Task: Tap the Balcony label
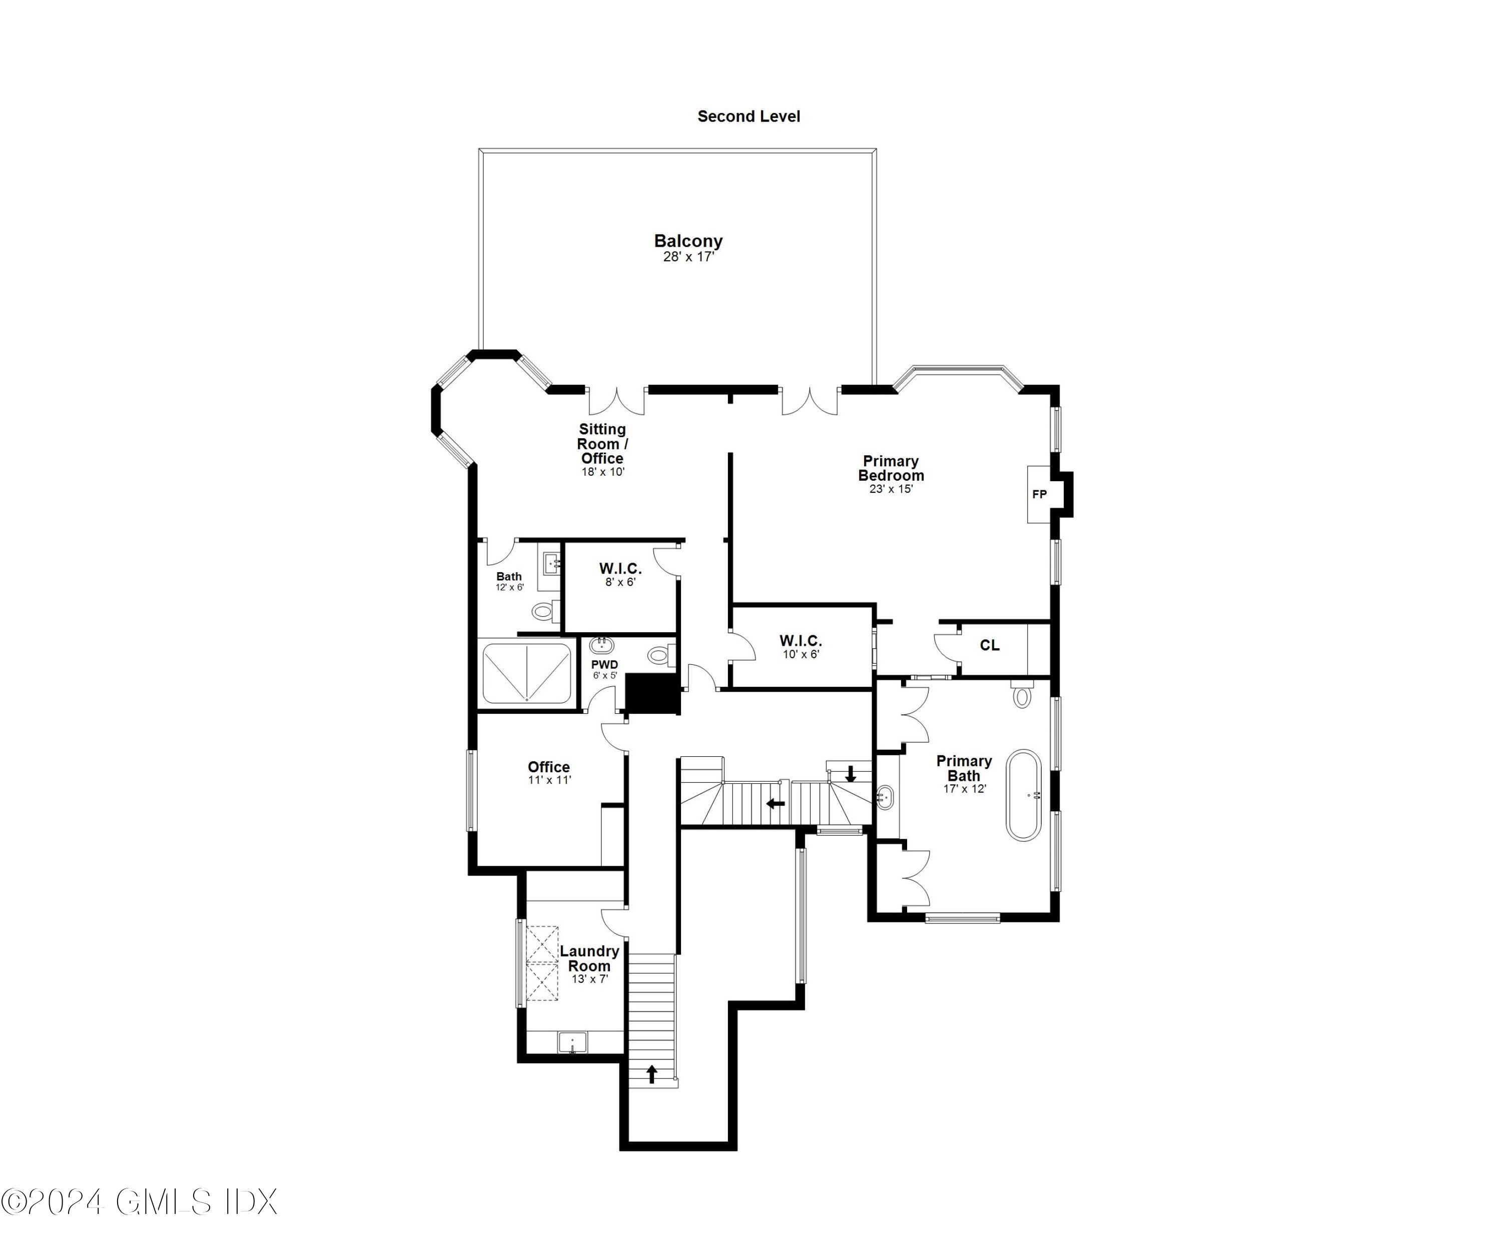(688, 241)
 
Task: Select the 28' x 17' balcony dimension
(688, 257)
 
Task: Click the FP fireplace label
(1039, 494)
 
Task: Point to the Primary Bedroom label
(891, 468)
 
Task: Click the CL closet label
(989, 645)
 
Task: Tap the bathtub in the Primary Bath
(1024, 794)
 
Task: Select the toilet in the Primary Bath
(1023, 694)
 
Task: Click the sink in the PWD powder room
(602, 645)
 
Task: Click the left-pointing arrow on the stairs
(776, 803)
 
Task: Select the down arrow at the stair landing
(851, 773)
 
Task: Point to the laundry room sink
(572, 1042)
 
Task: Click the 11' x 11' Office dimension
(550, 780)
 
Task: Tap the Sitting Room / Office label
(602, 444)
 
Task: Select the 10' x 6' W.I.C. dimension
(801, 654)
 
